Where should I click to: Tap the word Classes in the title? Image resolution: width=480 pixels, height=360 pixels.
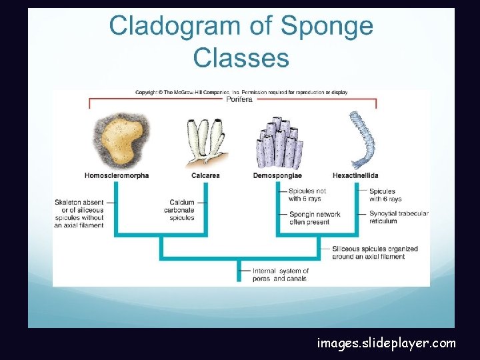point(241,58)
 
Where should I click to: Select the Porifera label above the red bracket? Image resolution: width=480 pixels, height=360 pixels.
point(239,99)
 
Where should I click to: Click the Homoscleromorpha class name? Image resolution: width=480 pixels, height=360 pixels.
point(117,176)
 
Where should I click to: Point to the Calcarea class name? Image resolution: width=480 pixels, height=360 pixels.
point(205,176)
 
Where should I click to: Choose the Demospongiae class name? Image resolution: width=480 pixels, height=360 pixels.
point(277,176)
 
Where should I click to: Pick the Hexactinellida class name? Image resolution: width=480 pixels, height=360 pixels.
point(355,176)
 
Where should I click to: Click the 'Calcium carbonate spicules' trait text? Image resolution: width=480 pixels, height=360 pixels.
point(182,210)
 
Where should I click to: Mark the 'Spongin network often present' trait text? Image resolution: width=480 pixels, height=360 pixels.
point(315,218)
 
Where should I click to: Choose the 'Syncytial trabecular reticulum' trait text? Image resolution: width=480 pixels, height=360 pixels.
point(398,217)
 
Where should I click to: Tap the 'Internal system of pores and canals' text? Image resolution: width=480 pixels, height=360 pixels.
point(281,275)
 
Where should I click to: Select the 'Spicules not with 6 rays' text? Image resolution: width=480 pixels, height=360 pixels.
point(307,195)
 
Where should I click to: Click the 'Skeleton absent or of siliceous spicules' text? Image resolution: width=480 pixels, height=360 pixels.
point(79,213)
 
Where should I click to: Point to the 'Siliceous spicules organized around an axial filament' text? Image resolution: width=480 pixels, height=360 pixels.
point(375,253)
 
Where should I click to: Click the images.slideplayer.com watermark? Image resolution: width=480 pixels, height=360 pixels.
point(387,343)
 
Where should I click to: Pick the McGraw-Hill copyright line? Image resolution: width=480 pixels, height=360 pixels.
point(241,92)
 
